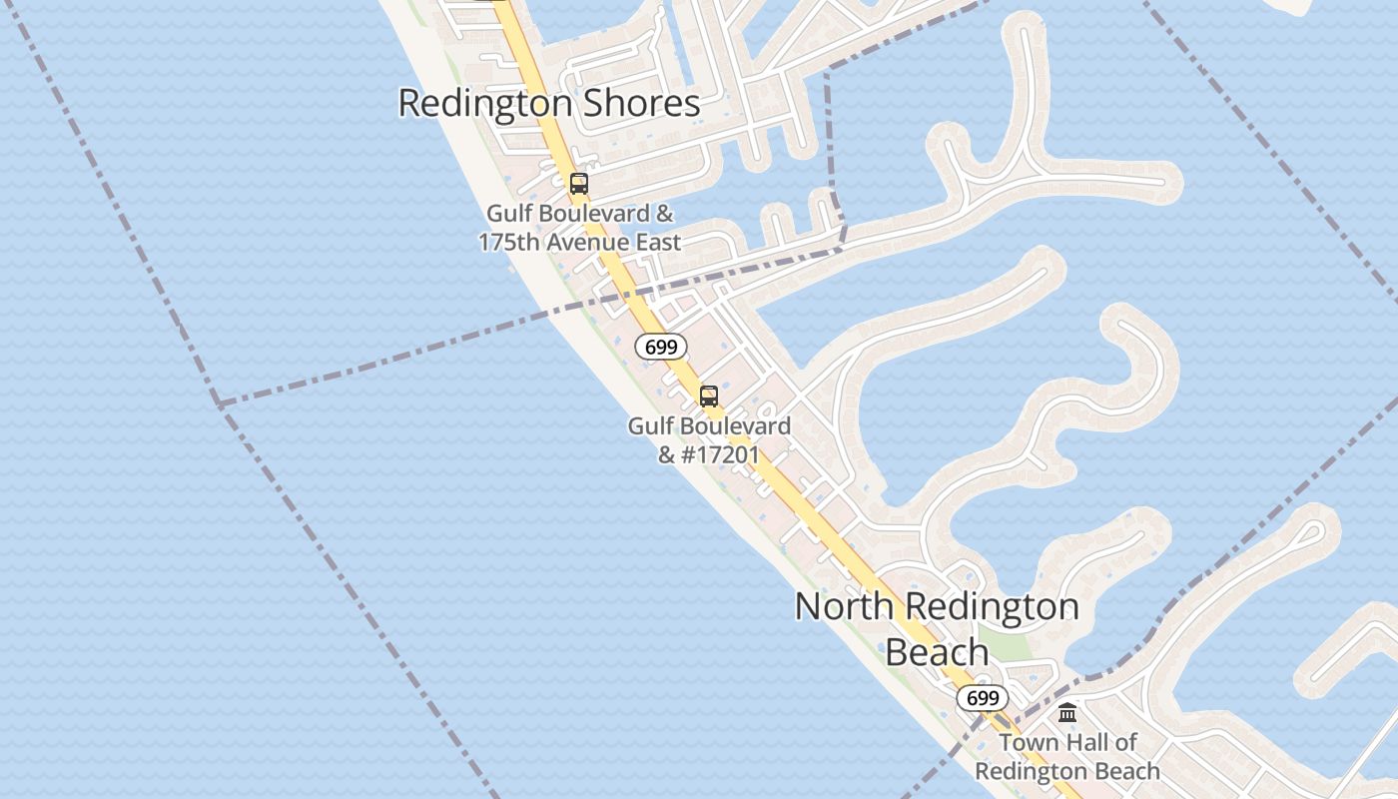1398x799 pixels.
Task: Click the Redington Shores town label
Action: [548, 104]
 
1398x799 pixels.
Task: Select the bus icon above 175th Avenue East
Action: [578, 184]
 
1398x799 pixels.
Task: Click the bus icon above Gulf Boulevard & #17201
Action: [709, 397]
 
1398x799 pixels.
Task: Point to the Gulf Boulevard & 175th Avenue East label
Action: [579, 228]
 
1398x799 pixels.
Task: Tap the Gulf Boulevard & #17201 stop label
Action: [709, 440]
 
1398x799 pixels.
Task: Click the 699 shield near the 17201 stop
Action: [661, 348]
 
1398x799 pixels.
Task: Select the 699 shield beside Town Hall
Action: [983, 698]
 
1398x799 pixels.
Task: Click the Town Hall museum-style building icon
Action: [1067, 713]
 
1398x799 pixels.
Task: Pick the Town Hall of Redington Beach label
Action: [1067, 757]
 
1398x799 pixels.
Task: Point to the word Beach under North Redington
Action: [937, 652]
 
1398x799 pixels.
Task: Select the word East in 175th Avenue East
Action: [659, 242]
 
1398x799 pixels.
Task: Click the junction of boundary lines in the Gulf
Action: [219, 403]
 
